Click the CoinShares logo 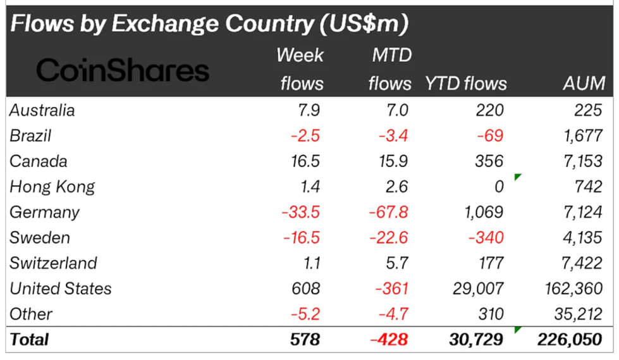[123, 70]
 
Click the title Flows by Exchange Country [209, 24]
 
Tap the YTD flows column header [465, 84]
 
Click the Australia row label [42, 110]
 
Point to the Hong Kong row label [52, 187]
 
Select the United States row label [61, 289]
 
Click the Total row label [29, 339]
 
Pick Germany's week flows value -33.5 [301, 212]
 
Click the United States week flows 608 [306, 289]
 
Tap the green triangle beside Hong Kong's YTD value [517, 177]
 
